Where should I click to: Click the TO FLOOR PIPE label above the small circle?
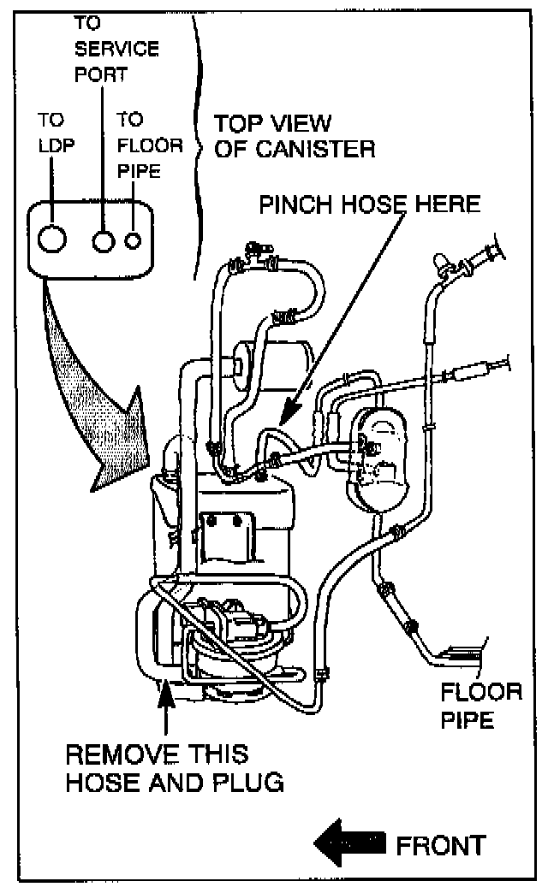150,145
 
